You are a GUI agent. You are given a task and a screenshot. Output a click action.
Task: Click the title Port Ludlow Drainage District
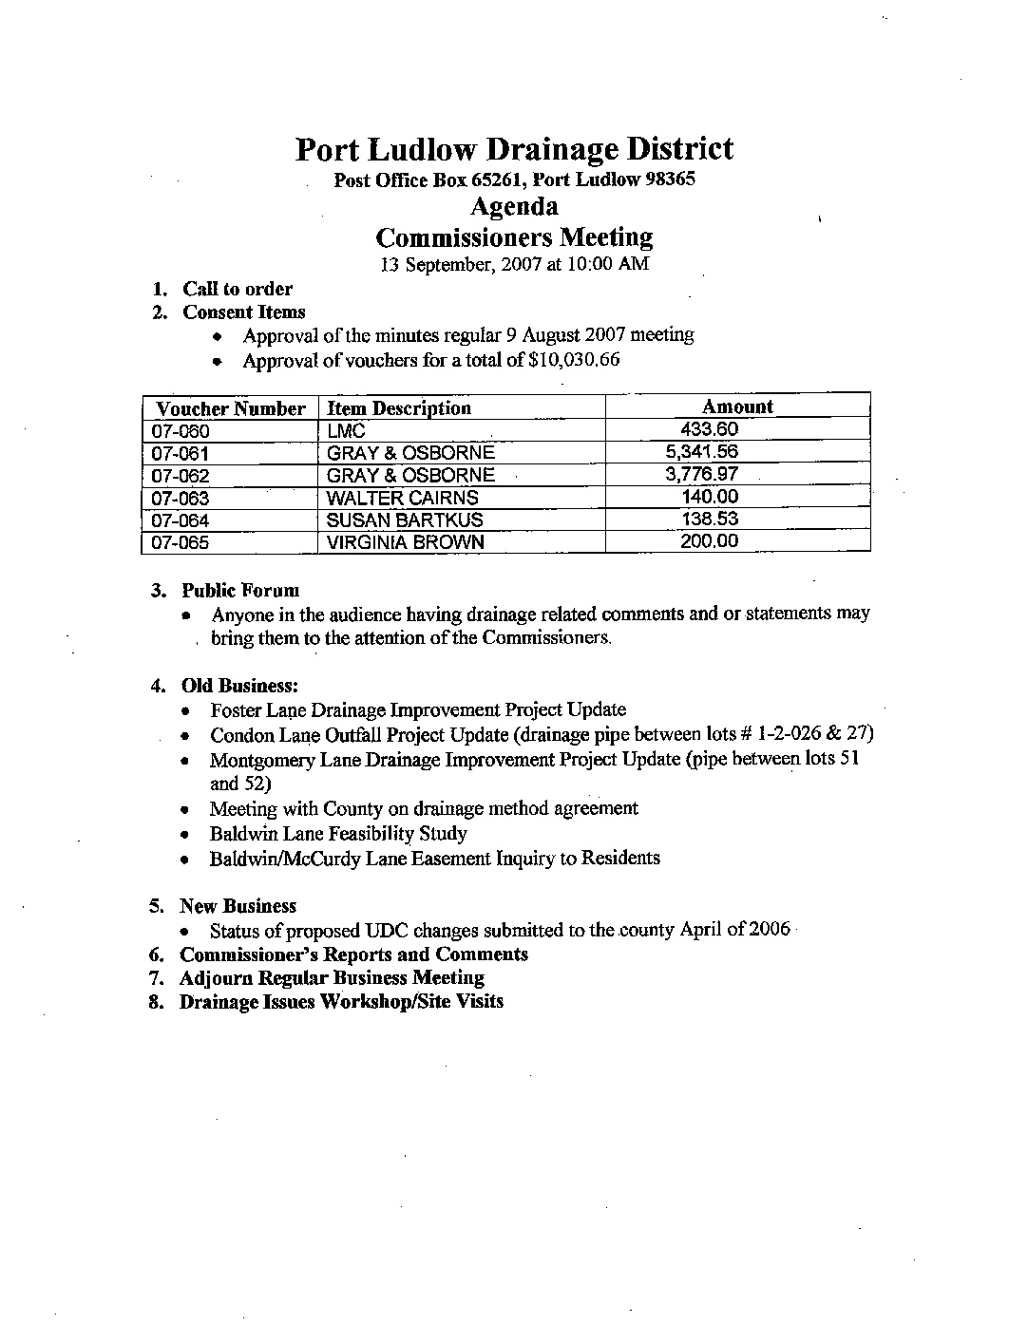point(514,149)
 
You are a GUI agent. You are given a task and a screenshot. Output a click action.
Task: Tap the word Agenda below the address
point(514,207)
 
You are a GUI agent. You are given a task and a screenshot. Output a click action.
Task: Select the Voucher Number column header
point(230,408)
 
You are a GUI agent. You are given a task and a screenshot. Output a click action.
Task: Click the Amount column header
point(737,406)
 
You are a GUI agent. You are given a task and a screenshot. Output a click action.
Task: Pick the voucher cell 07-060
point(181,431)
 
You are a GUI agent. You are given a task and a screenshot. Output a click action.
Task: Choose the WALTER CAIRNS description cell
point(402,498)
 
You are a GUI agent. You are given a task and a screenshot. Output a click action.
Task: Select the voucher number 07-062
point(181,476)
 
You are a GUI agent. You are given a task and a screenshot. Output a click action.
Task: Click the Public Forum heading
point(240,591)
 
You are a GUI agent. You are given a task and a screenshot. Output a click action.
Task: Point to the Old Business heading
point(240,686)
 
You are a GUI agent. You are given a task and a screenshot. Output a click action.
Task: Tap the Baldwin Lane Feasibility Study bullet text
point(338,834)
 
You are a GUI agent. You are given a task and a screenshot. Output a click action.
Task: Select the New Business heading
point(238,906)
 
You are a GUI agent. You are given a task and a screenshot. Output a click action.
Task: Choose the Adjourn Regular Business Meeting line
point(332,977)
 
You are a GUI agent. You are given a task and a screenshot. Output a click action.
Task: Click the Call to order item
point(238,289)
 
